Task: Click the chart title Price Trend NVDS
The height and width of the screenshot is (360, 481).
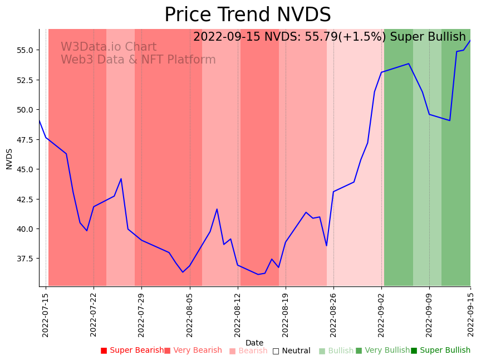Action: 247,15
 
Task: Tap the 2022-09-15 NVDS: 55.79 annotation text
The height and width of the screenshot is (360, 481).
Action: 329,37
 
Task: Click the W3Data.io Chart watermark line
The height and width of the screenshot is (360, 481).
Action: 109,47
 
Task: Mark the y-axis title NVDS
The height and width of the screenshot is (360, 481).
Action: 9,158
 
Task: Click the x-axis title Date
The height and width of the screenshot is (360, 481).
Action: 254,343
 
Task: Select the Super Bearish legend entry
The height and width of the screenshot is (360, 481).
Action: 132,351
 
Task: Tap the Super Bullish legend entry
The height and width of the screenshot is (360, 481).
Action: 440,351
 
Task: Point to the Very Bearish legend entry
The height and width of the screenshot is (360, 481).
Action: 193,351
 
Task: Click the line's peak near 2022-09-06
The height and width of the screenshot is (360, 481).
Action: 409,64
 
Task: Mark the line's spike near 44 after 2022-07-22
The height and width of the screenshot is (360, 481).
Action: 121,179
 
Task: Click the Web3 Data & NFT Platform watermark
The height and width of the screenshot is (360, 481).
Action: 138,60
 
